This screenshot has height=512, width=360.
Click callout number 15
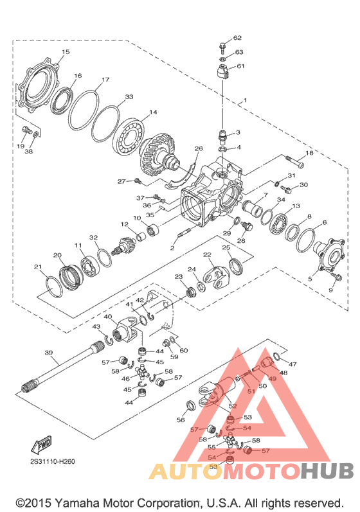click(x=66, y=51)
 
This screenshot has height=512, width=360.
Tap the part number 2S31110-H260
click(x=53, y=461)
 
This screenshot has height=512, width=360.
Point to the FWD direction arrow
click(x=41, y=445)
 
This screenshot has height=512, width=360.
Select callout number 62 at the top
click(x=237, y=37)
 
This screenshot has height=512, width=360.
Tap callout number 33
click(x=129, y=96)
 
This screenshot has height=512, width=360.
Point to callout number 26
click(x=199, y=148)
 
